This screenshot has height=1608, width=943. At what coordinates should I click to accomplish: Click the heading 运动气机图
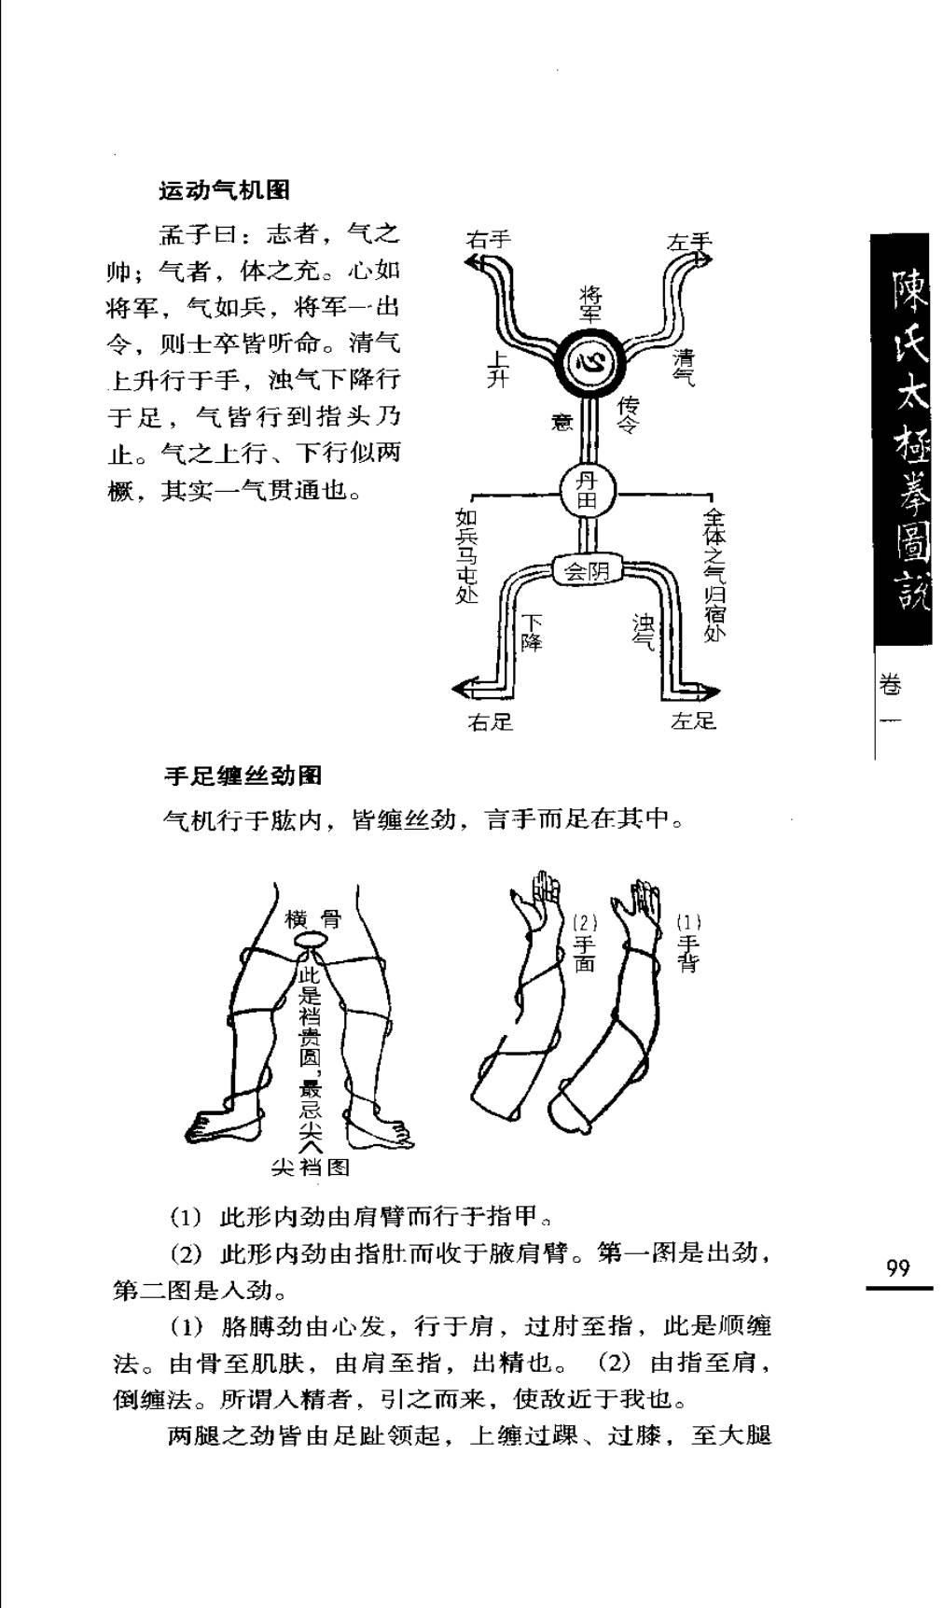click(224, 190)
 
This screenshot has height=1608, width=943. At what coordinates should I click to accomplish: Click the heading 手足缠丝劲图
click(243, 775)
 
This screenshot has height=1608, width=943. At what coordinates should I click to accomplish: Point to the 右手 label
click(489, 239)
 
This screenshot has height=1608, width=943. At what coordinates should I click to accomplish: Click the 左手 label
click(689, 242)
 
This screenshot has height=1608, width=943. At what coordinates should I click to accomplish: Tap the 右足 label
click(491, 721)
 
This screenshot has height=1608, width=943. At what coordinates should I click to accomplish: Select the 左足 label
click(694, 720)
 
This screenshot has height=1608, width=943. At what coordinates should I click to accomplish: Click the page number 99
click(897, 1267)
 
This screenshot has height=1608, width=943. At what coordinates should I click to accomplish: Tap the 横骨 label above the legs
click(313, 918)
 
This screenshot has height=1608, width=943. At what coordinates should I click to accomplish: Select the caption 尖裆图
click(311, 1166)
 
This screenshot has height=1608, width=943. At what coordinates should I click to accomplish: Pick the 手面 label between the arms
click(585, 944)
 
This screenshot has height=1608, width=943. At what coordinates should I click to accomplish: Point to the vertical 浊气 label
click(644, 632)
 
